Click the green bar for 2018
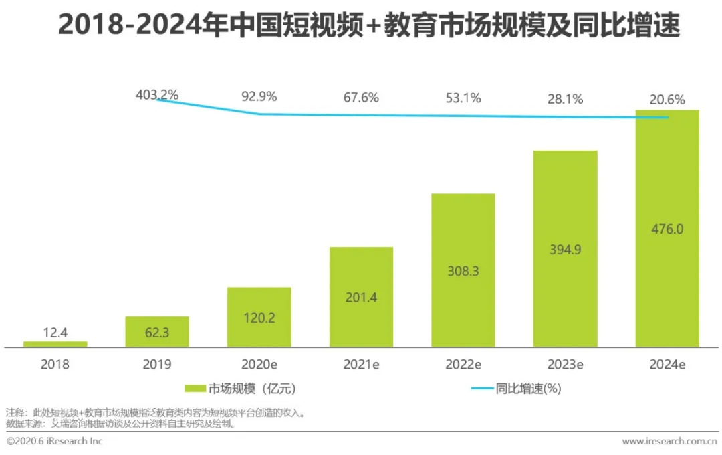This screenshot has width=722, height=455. tap(55, 344)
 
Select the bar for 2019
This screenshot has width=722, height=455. tap(157, 332)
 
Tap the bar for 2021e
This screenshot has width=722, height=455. tap(361, 297)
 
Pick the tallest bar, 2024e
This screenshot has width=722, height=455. tap(667, 227)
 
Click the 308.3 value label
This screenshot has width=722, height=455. tap(463, 271)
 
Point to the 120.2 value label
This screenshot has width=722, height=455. tap(259, 318)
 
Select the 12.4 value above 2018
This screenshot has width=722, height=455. tap(55, 331)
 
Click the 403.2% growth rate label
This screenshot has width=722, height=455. tap(157, 95)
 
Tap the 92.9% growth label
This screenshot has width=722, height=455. tap(259, 96)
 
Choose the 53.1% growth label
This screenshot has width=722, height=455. tap(463, 98)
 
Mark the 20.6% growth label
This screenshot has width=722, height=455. tap(667, 100)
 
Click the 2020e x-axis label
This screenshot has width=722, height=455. tap(259, 365)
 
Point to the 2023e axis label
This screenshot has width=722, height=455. tap(565, 365)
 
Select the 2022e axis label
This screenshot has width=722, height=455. tap(463, 365)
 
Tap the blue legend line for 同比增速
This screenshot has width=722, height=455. tap(481, 388)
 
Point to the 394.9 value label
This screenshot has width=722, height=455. tap(565, 250)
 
